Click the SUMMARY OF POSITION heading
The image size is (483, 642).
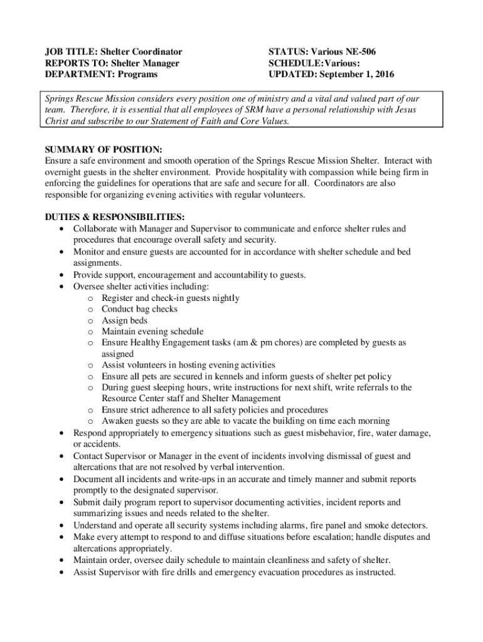click(x=103, y=150)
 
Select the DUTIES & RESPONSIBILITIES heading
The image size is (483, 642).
click(x=114, y=217)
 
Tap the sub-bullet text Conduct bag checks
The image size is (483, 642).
click(x=139, y=309)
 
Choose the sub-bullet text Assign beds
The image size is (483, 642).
click(x=125, y=320)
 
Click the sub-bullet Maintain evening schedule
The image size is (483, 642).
click(x=152, y=331)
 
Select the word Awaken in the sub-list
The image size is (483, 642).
click(x=117, y=421)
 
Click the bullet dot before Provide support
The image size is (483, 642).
click(x=61, y=275)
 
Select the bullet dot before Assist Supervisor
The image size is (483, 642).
click(x=61, y=572)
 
